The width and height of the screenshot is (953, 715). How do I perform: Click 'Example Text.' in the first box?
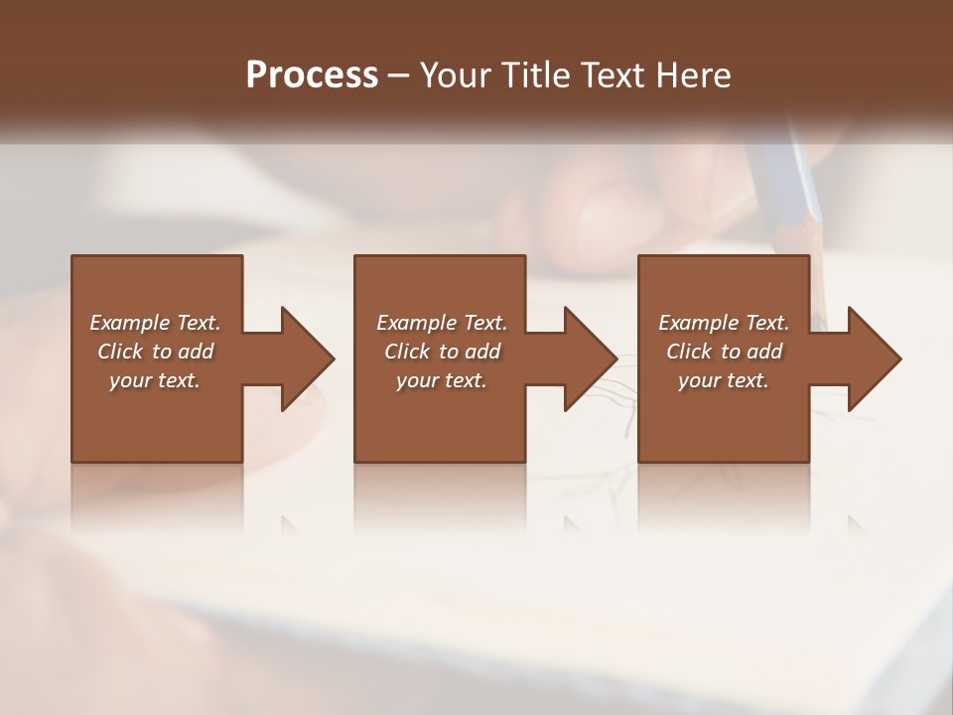click(155, 323)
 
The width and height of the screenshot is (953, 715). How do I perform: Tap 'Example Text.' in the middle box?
click(442, 323)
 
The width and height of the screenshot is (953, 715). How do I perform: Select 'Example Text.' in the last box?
click(724, 323)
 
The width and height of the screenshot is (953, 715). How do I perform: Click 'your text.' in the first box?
click(155, 380)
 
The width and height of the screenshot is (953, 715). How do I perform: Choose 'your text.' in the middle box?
click(442, 380)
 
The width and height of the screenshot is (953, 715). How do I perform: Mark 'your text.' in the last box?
click(724, 380)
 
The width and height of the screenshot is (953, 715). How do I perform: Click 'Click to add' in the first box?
click(155, 352)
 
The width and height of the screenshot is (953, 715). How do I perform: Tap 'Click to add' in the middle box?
click(442, 352)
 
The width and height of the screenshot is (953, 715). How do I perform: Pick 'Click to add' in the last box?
click(724, 352)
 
